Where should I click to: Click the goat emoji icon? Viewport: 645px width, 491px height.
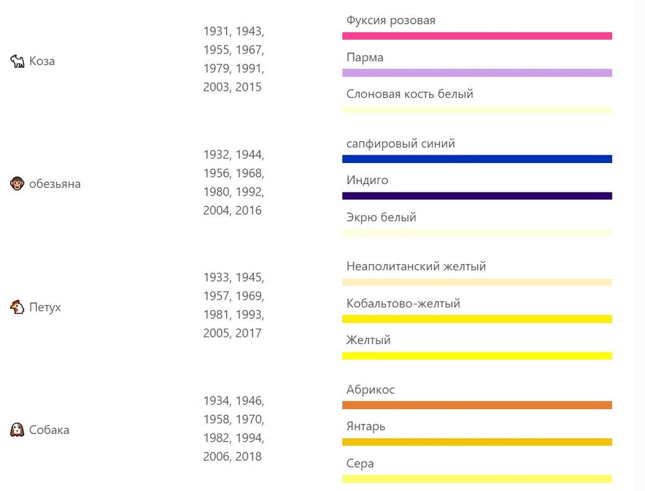pyautogui.click(x=17, y=61)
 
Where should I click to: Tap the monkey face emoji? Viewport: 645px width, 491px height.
pyautogui.click(x=17, y=184)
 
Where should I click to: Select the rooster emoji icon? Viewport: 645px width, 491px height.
pyautogui.click(x=17, y=307)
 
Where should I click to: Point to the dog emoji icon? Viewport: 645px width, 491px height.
pyautogui.click(x=17, y=430)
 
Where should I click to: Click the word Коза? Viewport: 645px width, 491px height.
pyautogui.click(x=42, y=61)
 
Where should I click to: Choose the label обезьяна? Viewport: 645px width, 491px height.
pyautogui.click(x=55, y=184)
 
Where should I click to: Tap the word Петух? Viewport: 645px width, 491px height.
pyautogui.click(x=45, y=307)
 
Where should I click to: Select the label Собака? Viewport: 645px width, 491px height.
pyautogui.click(x=49, y=430)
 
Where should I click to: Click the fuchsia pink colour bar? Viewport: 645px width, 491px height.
pyautogui.click(x=477, y=36)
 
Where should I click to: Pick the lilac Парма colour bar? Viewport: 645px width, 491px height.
pyautogui.click(x=477, y=73)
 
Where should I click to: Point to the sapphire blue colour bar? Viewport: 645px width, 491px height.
pyautogui.click(x=477, y=159)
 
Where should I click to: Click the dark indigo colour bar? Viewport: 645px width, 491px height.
pyautogui.click(x=477, y=196)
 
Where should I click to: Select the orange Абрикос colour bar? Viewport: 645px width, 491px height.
pyautogui.click(x=477, y=405)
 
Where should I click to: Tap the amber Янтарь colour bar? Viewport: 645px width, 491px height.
pyautogui.click(x=477, y=442)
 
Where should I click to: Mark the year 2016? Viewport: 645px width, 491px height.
pyautogui.click(x=248, y=210)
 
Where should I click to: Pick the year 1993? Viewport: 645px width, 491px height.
pyautogui.click(x=248, y=315)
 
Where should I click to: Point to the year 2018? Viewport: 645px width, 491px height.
pyautogui.click(x=248, y=456)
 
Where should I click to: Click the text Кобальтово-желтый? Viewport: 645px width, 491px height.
pyautogui.click(x=403, y=303)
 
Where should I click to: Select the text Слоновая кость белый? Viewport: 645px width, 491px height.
pyautogui.click(x=410, y=94)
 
